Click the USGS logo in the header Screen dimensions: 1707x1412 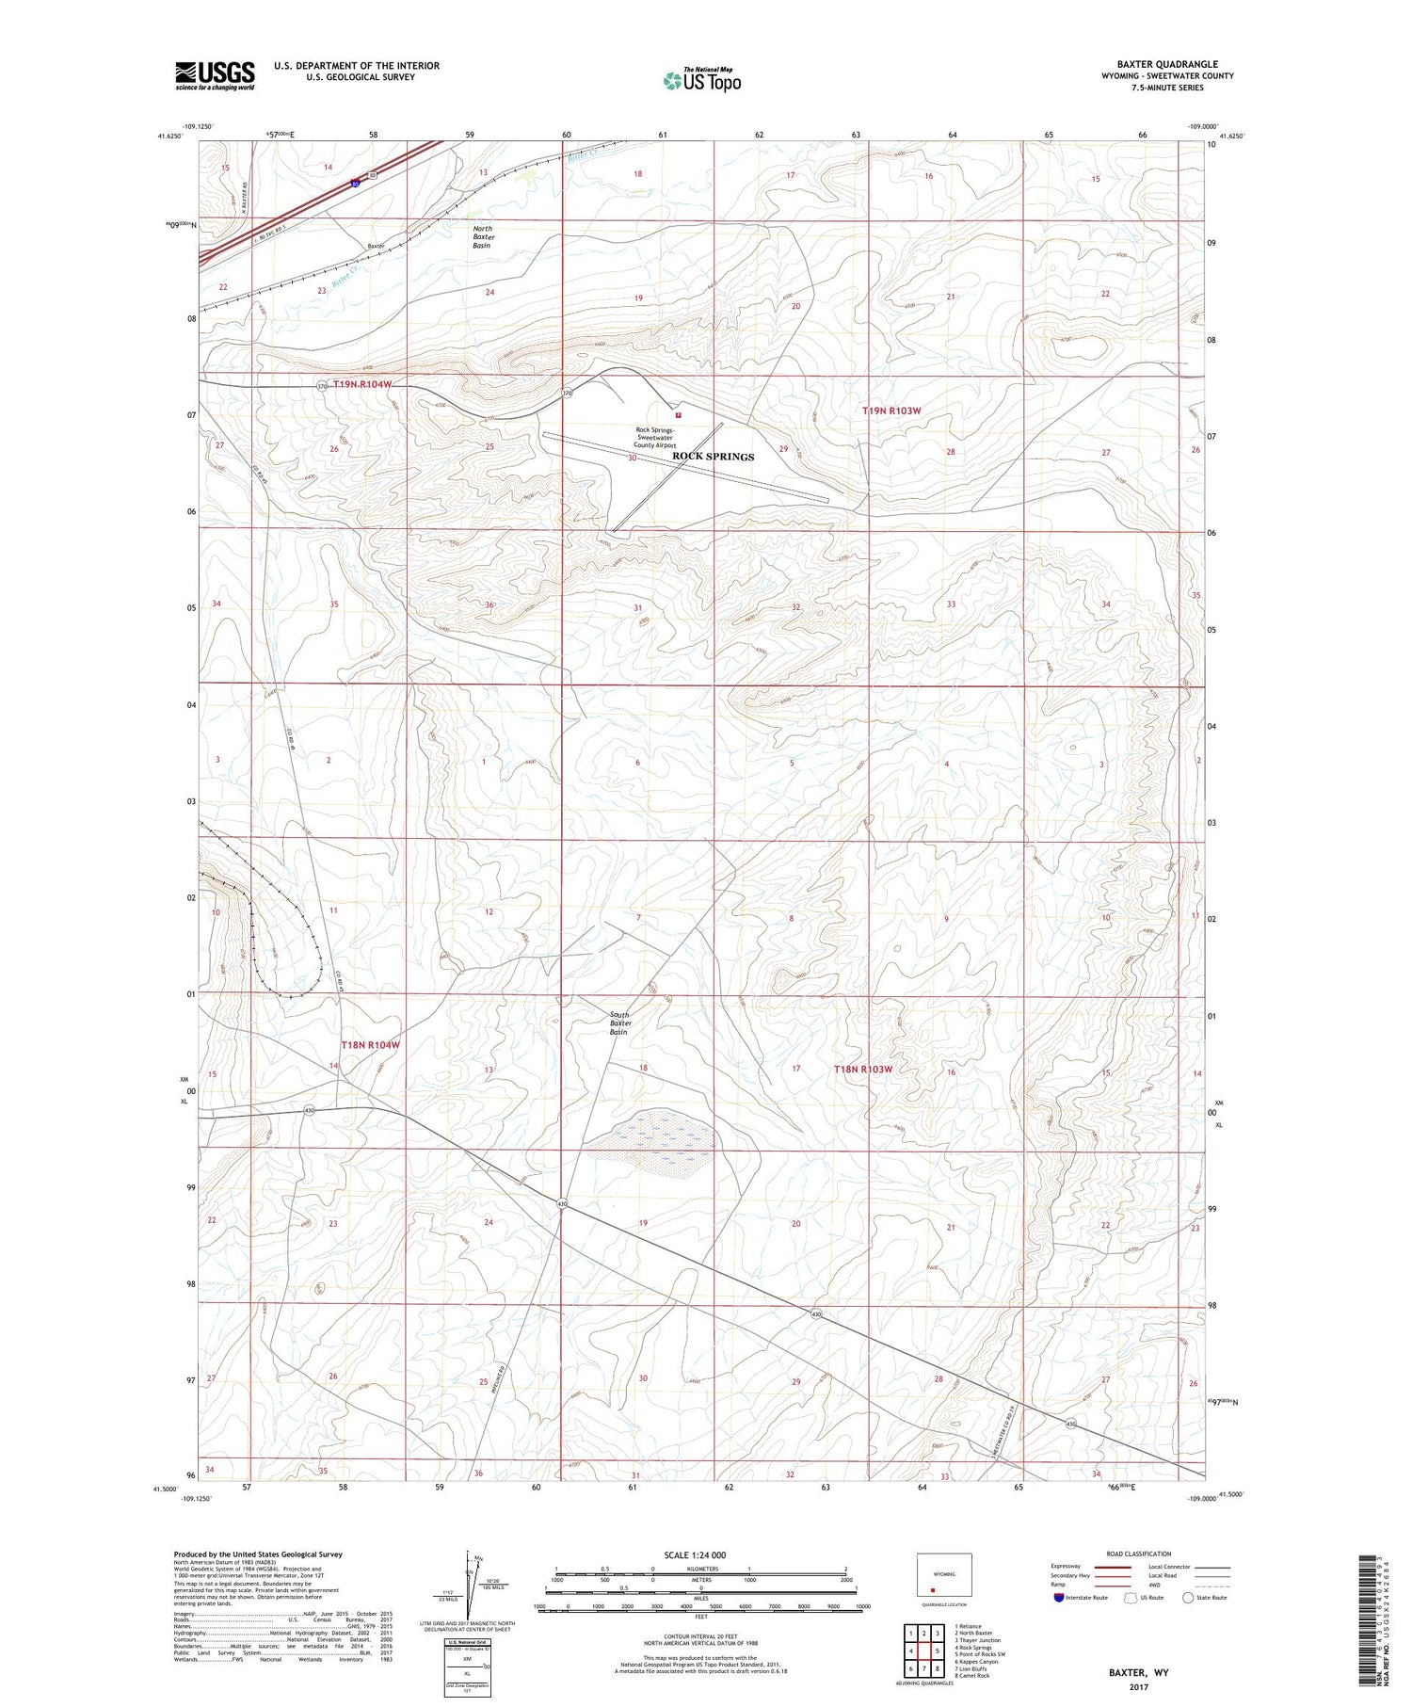pyautogui.click(x=215, y=75)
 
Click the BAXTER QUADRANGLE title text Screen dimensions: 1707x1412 pyautogui.click(x=1167, y=65)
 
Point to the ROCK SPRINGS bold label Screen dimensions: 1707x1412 pyautogui.click(x=713, y=457)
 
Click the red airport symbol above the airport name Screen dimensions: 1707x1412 pyautogui.click(x=678, y=413)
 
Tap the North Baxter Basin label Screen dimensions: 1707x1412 pyautogui.click(x=483, y=236)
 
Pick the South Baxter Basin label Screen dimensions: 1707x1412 pyautogui.click(x=619, y=1023)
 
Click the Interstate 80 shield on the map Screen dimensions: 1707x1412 pyautogui.click(x=354, y=184)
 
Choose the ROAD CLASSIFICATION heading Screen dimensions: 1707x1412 pyautogui.click(x=1138, y=1554)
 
